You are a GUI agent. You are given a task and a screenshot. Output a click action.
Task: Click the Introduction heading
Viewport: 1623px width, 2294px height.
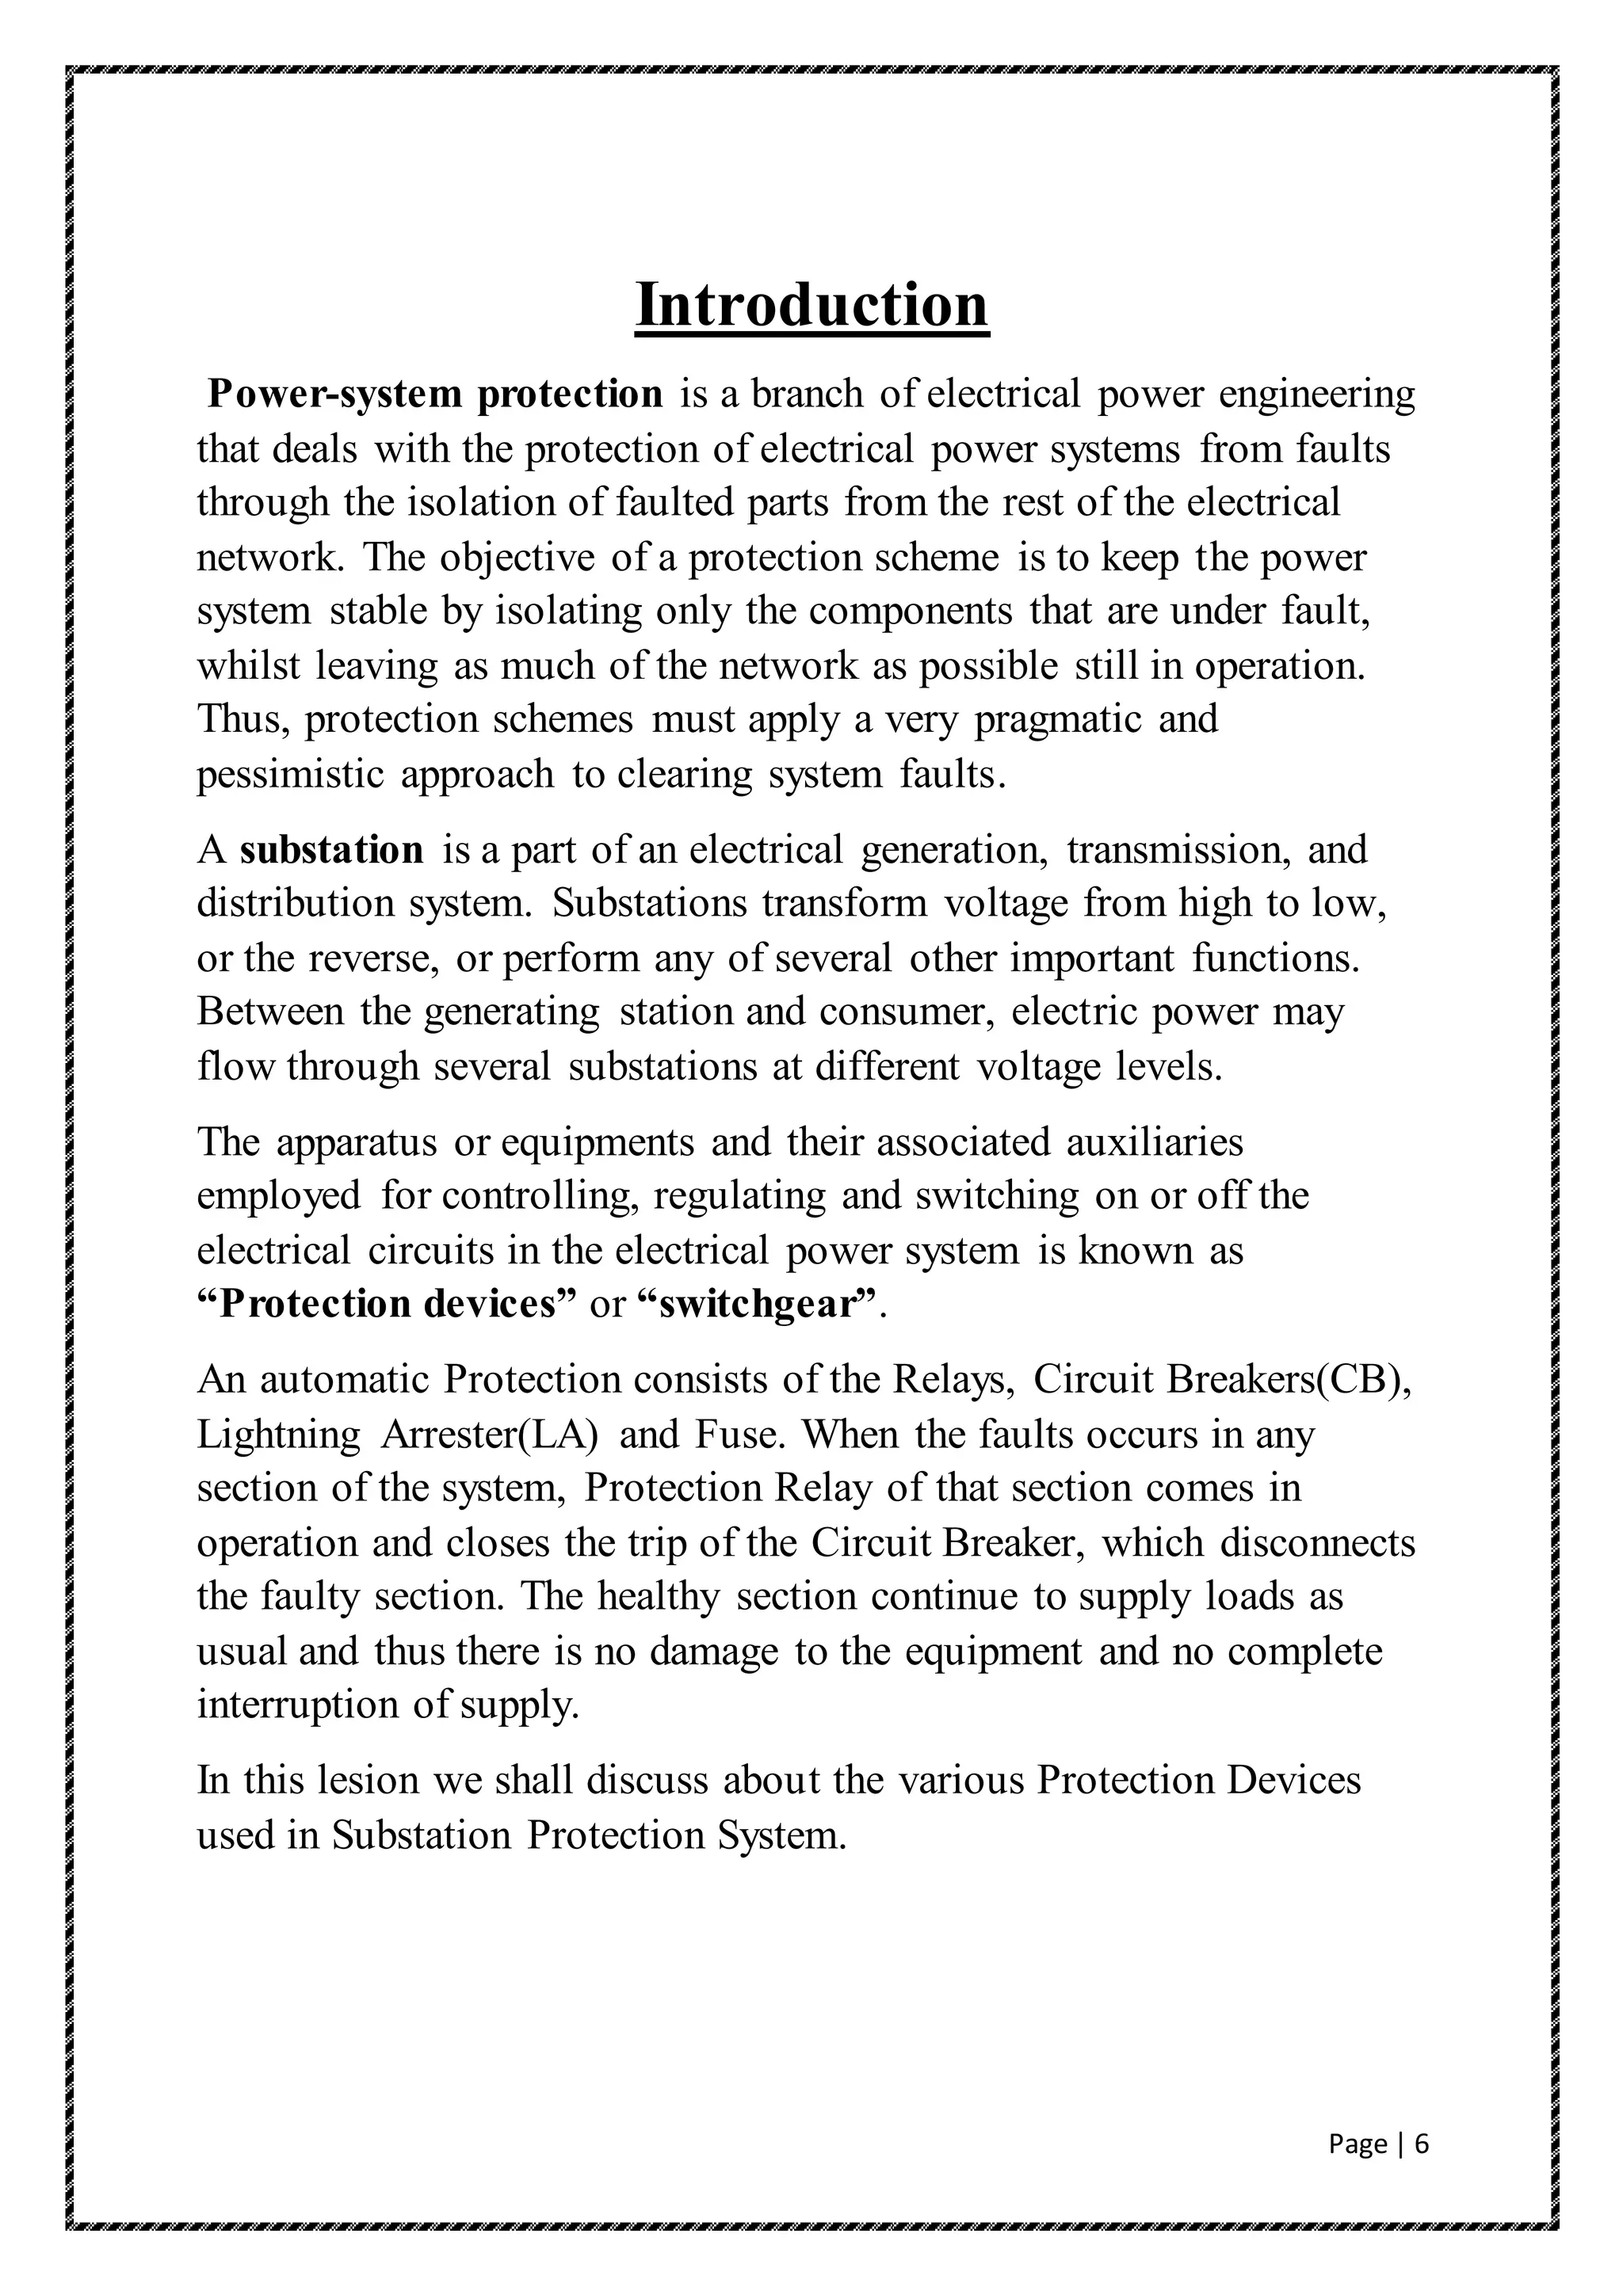(x=811, y=305)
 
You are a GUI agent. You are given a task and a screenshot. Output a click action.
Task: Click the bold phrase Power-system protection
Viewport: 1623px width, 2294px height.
(x=435, y=394)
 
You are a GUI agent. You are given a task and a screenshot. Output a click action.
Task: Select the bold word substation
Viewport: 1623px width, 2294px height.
(x=332, y=849)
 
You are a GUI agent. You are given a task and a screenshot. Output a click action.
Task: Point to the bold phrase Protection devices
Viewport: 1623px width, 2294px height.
(x=388, y=1304)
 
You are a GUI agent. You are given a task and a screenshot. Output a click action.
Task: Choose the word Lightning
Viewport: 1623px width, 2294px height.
(x=278, y=1434)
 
